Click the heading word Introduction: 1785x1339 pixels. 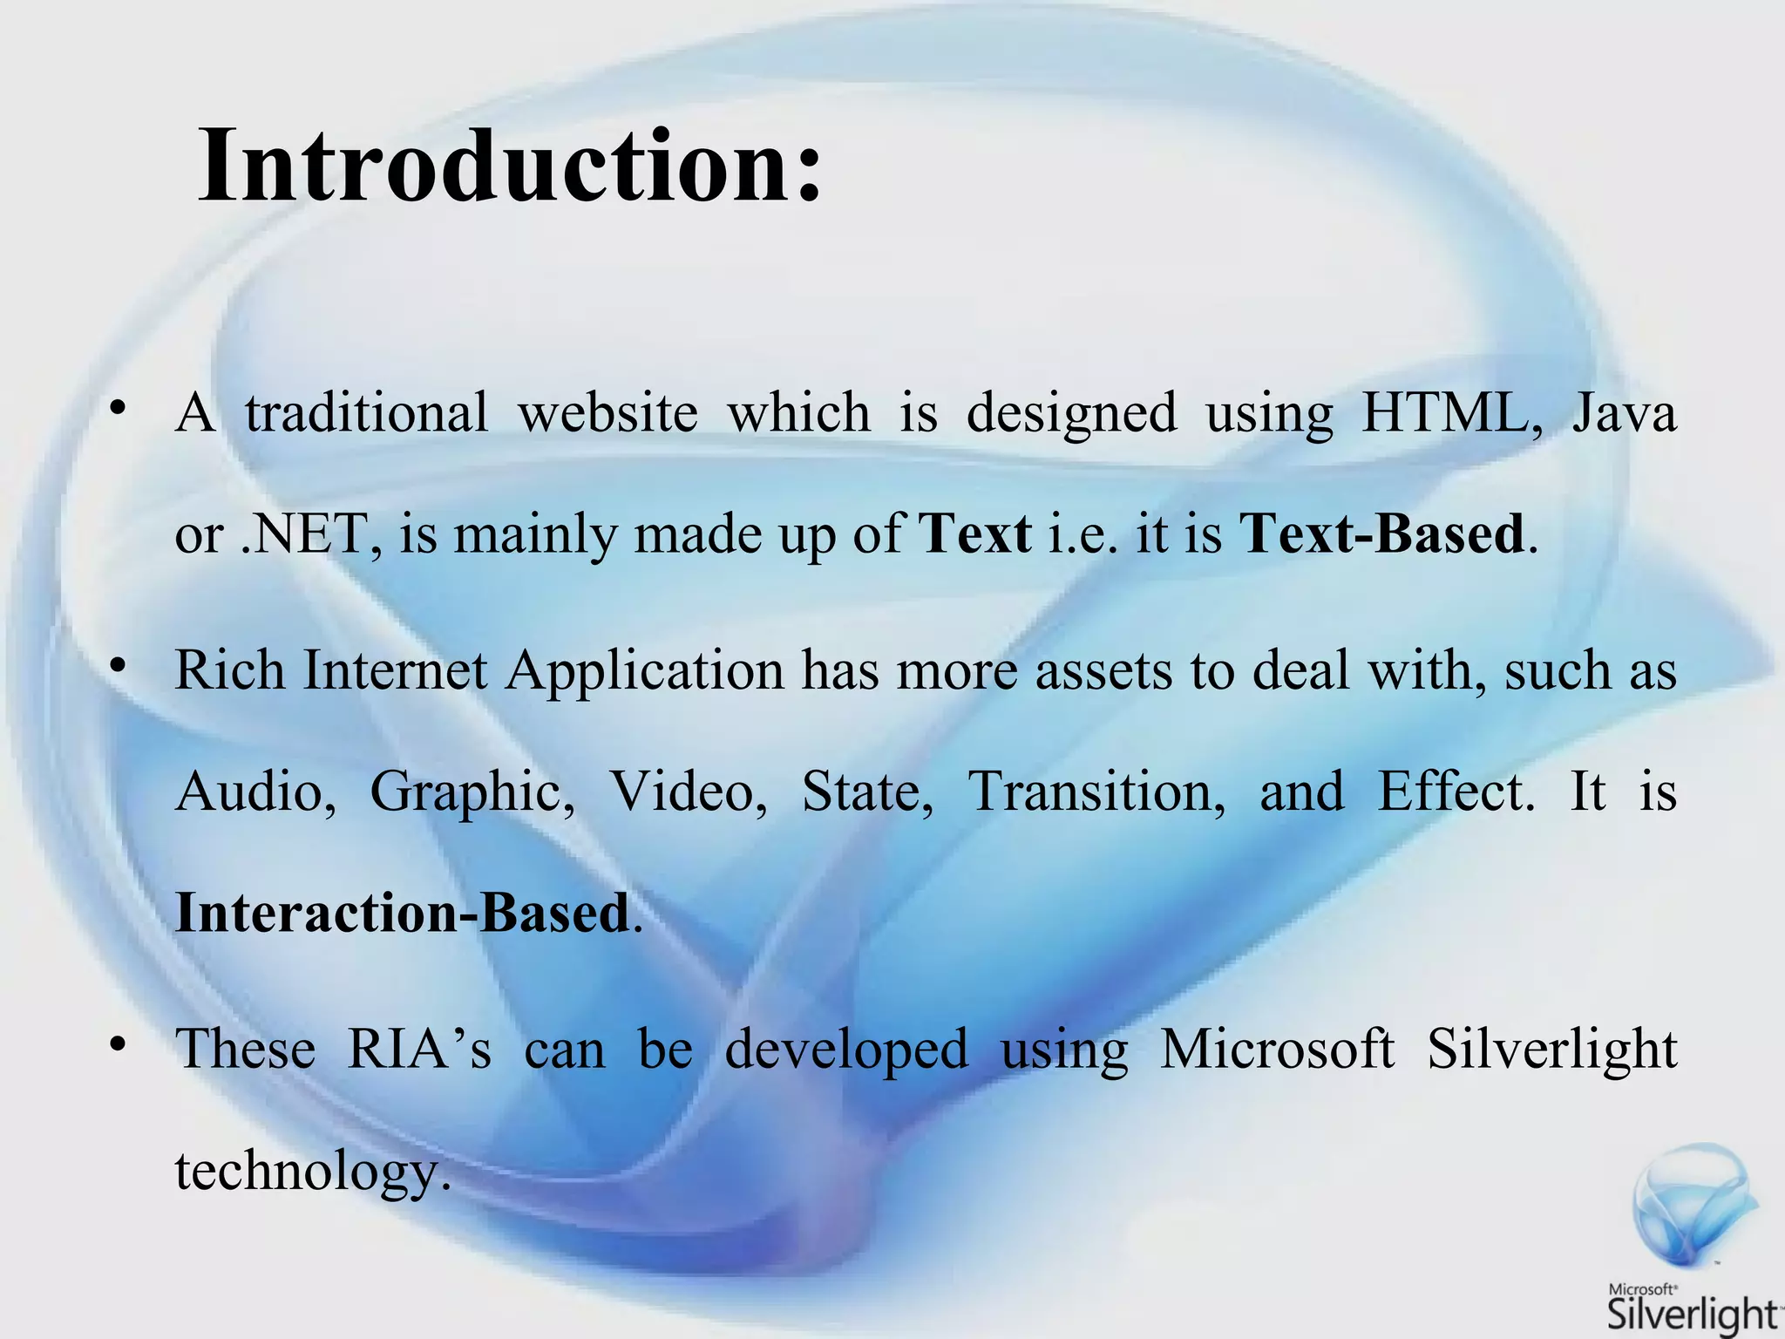click(x=510, y=166)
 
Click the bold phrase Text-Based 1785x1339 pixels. click(x=1381, y=534)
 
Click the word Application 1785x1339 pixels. click(x=645, y=671)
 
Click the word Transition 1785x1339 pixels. click(x=1096, y=792)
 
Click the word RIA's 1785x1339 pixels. click(x=419, y=1049)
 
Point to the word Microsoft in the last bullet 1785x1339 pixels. click(x=1277, y=1049)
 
